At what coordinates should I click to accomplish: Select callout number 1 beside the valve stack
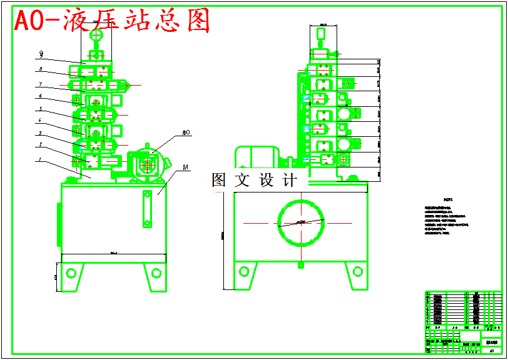point(41,160)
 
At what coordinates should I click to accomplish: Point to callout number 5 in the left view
point(41,109)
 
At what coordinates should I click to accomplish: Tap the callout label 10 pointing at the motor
point(186,132)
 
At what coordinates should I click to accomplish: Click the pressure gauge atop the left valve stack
point(96,37)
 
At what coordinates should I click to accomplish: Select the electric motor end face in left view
point(148,165)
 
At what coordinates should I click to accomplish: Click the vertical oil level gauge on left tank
point(148,209)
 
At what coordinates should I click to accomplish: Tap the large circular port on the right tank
point(301,222)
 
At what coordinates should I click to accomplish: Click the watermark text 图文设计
point(255,181)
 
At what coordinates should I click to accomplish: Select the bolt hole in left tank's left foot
point(71,272)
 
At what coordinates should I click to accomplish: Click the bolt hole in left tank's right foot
point(155,272)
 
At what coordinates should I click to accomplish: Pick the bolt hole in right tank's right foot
point(357,271)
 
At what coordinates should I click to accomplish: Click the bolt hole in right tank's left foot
point(245,271)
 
